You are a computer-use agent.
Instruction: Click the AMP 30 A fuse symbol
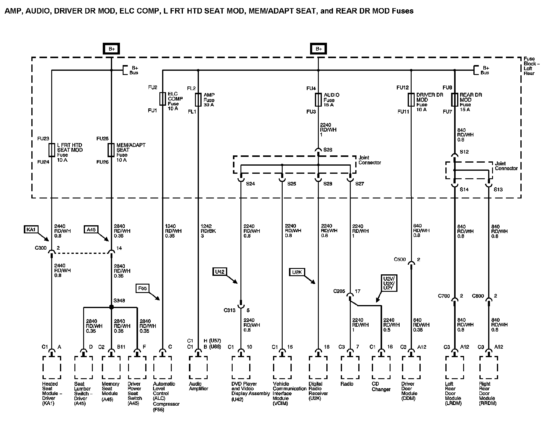point(198,100)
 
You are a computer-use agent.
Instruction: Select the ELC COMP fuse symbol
point(162,99)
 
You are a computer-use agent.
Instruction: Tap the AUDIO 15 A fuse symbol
point(318,100)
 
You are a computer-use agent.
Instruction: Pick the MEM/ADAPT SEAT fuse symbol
point(111,150)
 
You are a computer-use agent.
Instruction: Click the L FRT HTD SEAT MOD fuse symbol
point(52,150)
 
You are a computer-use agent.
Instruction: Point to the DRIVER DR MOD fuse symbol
point(411,100)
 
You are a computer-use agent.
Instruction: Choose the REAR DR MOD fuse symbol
point(455,100)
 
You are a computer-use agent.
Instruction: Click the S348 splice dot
point(111,307)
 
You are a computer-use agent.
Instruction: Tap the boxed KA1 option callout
point(31,229)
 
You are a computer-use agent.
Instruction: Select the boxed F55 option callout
point(142,288)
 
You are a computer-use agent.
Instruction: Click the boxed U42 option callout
point(219,272)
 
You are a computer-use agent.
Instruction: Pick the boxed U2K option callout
point(297,272)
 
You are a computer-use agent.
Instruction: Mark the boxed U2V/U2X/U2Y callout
point(389,283)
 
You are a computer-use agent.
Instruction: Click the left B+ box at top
point(111,49)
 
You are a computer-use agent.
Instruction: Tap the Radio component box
point(350,367)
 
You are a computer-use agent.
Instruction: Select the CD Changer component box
point(381,367)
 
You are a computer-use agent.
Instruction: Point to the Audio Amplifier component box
point(198,367)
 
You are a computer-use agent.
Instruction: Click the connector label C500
point(400,259)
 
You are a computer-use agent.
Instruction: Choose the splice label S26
point(328,150)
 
